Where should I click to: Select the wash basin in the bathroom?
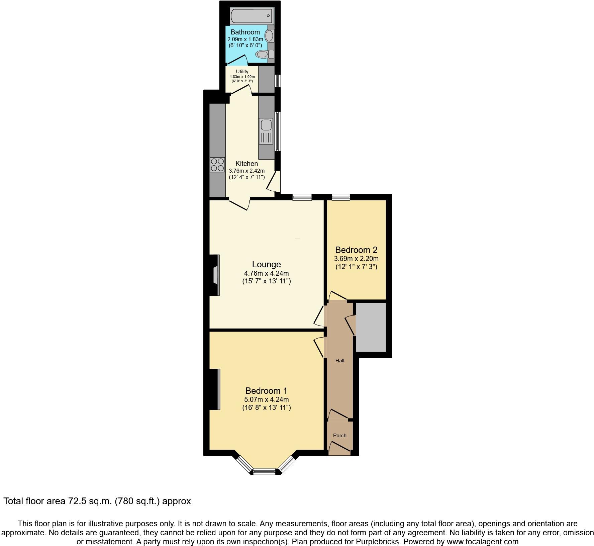269,35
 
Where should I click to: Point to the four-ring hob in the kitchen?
217,165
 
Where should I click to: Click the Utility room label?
242,72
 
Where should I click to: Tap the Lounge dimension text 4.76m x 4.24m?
267,273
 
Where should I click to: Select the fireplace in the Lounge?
216,275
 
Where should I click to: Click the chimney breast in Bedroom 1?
214,389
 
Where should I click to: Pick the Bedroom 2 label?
356,250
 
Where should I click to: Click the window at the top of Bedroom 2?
341,197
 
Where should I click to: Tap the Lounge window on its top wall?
302,197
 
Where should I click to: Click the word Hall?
340,361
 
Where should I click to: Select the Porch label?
339,436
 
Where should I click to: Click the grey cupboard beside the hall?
371,327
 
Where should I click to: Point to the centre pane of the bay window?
264,472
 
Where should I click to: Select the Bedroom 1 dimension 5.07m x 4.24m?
267,399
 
